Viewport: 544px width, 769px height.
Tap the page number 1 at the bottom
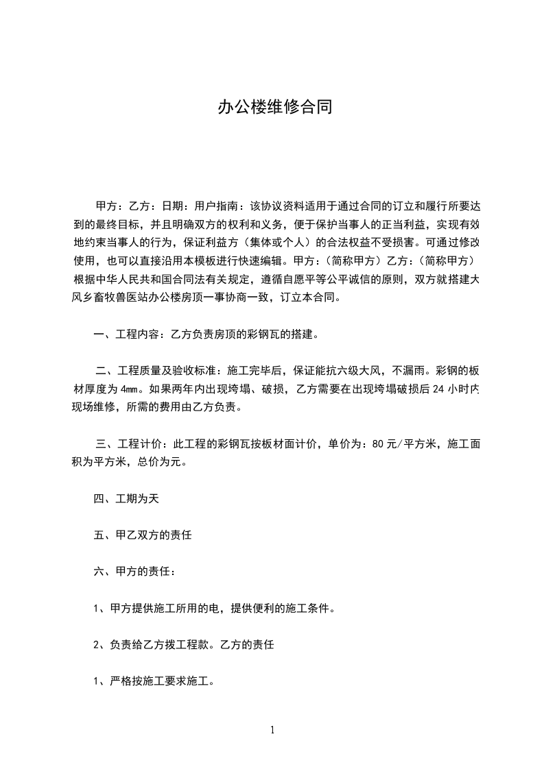[272, 729]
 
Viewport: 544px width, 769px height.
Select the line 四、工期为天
[126, 498]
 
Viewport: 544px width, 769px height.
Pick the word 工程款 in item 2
[192, 645]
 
